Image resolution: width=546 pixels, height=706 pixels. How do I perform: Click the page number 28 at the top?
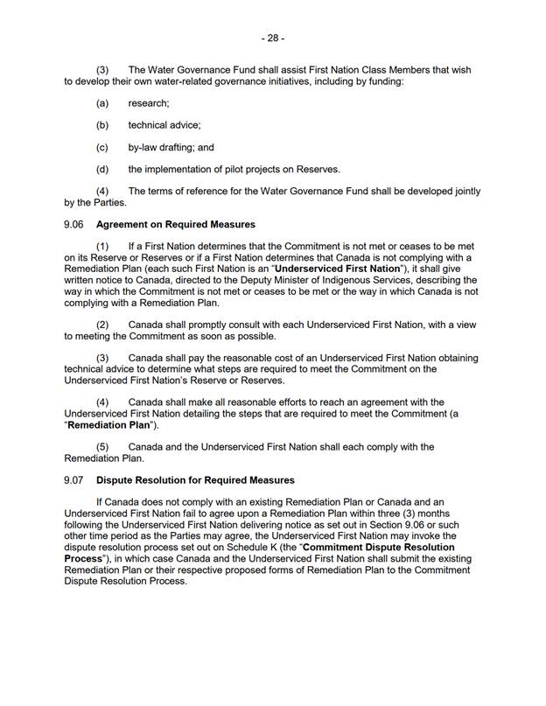point(272,38)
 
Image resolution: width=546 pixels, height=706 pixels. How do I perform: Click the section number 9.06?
point(74,225)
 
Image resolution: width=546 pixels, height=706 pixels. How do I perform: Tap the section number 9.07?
point(74,480)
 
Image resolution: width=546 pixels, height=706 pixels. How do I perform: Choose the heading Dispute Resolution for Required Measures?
point(195,480)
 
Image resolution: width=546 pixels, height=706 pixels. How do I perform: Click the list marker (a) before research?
point(102,103)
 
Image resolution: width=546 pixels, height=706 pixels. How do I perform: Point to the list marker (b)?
point(102,125)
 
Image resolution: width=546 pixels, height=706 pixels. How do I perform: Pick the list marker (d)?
point(102,169)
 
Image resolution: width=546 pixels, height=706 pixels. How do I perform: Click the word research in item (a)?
point(148,103)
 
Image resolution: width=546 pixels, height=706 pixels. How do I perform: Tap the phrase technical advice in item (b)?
point(164,125)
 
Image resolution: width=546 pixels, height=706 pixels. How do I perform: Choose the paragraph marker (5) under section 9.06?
point(102,447)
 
